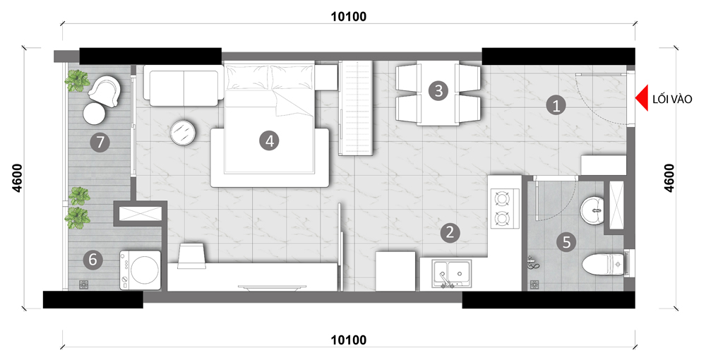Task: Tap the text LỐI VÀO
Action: pyautogui.click(x=672, y=100)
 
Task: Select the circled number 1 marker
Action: pyautogui.click(x=556, y=106)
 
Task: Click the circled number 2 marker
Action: pyautogui.click(x=449, y=232)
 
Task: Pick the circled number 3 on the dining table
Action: pyautogui.click(x=438, y=91)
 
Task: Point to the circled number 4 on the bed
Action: pyautogui.click(x=269, y=141)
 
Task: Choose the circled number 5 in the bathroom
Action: pyautogui.click(x=566, y=242)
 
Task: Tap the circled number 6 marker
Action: pyautogui.click(x=92, y=259)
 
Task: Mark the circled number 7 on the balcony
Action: pyautogui.click(x=100, y=142)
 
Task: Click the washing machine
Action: pyautogui.click(x=140, y=270)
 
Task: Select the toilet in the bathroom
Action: pyautogui.click(x=603, y=264)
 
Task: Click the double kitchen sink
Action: pyautogui.click(x=452, y=272)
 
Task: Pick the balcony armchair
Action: pyautogui.click(x=105, y=90)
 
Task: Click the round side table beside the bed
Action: pyautogui.click(x=183, y=133)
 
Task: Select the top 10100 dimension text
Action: pyautogui.click(x=349, y=17)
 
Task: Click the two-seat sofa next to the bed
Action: pyautogui.click(x=184, y=85)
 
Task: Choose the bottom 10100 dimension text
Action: pyautogui.click(x=349, y=340)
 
